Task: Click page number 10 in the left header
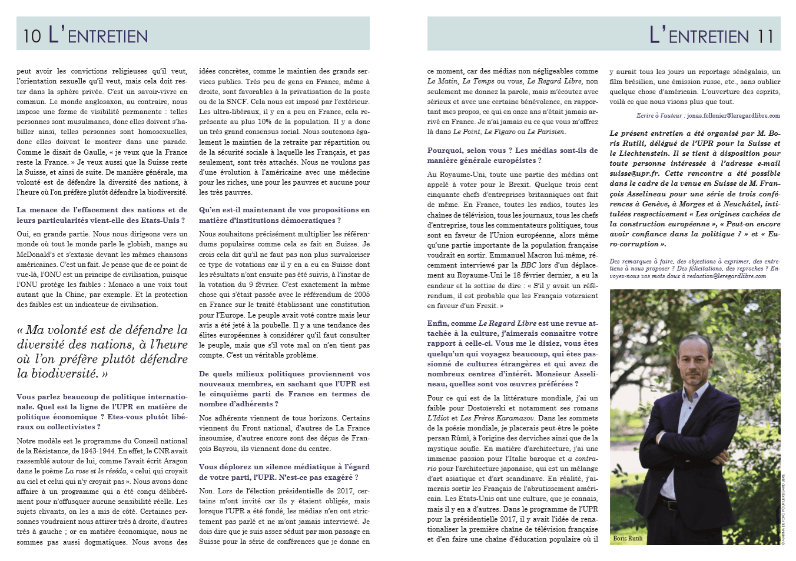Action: [x=32, y=36]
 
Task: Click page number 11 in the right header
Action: [x=765, y=36]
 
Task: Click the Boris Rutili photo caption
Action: [x=628, y=538]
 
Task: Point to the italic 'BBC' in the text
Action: [x=528, y=265]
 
